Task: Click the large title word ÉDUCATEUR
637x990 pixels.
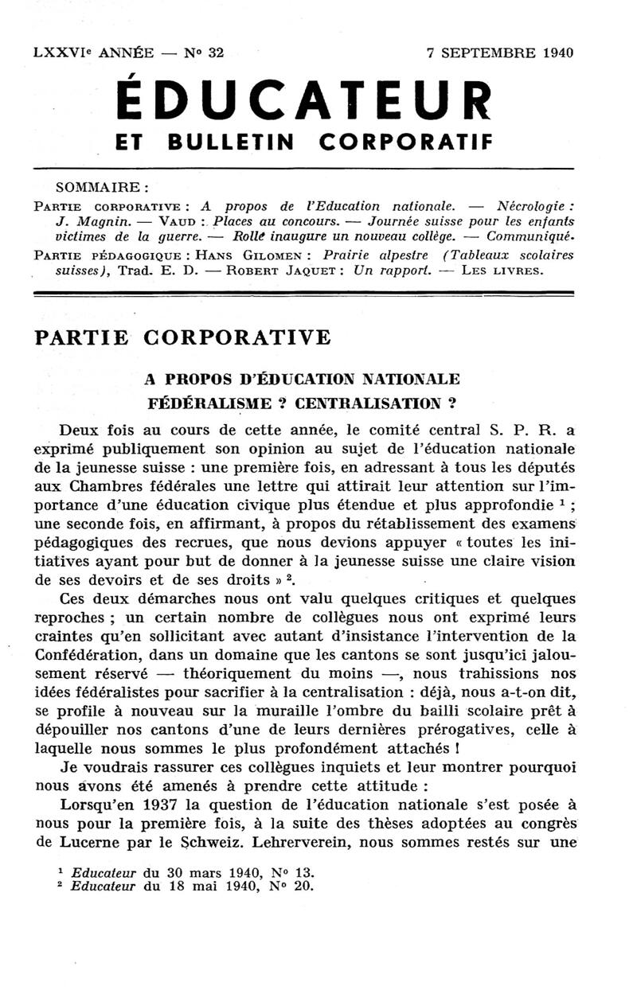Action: coord(303,99)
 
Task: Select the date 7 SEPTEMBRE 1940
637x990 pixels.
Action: coord(500,53)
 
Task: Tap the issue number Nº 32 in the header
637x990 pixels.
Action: coord(205,53)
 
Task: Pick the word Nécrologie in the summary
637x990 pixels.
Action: coord(533,205)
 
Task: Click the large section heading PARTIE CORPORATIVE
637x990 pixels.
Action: coord(182,337)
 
